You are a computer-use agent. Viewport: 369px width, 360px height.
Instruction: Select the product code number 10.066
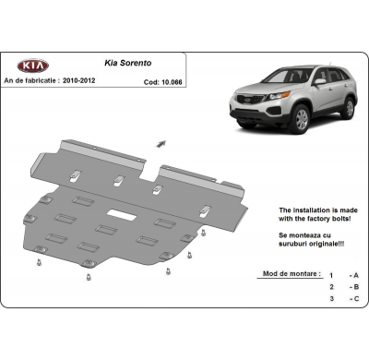[x=172, y=79]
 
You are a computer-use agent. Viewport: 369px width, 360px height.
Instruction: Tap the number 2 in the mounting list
[x=330, y=286]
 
